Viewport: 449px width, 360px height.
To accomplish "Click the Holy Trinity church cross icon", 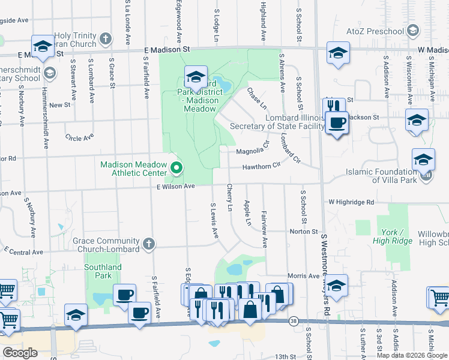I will click(105, 40).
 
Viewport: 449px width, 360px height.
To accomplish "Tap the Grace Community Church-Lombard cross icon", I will click(149, 244).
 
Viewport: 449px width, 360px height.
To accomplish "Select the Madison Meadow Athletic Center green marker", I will click(176, 169).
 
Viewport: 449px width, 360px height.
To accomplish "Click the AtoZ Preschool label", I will click(376, 31).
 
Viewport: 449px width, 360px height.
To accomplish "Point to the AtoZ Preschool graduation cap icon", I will click(412, 31).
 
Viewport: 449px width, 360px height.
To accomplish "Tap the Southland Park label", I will click(103, 272).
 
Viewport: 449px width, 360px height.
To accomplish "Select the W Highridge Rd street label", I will click(351, 203).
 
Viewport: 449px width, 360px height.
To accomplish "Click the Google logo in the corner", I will click(20, 353).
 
